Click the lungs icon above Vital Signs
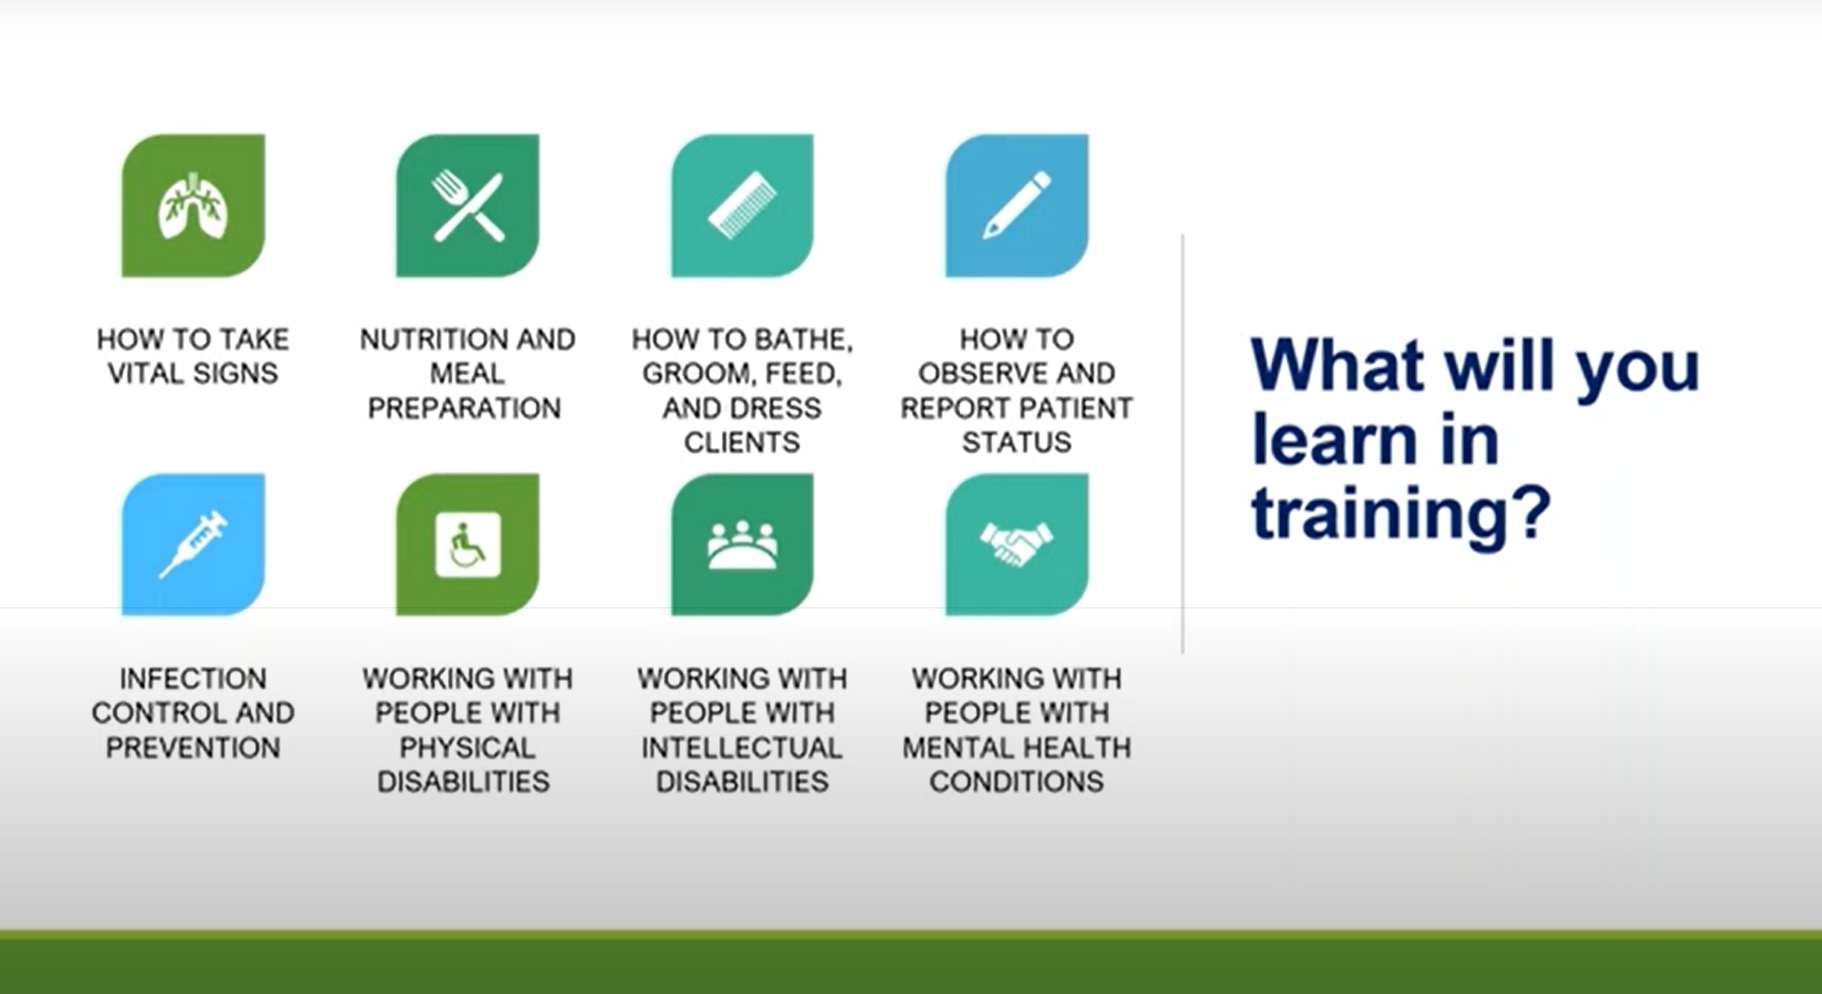click(x=193, y=206)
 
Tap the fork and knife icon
click(x=468, y=206)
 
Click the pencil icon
click(x=1017, y=205)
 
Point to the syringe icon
click(x=193, y=544)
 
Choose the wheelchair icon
click(x=468, y=545)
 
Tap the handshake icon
click(x=1017, y=544)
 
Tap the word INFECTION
click(x=193, y=679)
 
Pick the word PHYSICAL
click(x=467, y=748)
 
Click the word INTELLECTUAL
click(x=742, y=748)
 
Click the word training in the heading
click(x=1400, y=515)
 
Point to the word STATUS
click(x=1017, y=443)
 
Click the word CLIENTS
click(x=742, y=443)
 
